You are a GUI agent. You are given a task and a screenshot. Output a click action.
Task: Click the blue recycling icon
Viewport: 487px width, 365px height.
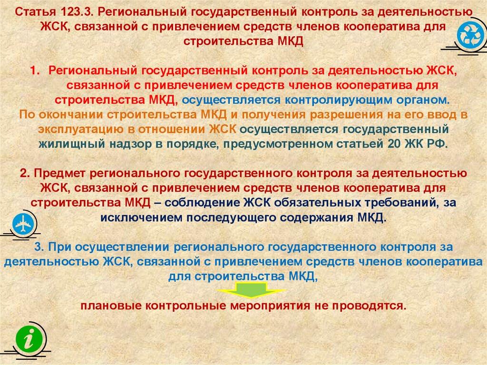470,35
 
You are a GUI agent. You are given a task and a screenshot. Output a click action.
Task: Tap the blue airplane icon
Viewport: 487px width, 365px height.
23,224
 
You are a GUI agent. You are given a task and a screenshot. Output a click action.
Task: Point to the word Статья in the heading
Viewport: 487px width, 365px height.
36,12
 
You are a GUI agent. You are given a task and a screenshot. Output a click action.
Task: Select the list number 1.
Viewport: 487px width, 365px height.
35,70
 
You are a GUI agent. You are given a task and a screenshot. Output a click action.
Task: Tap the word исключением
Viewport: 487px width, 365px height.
141,217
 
